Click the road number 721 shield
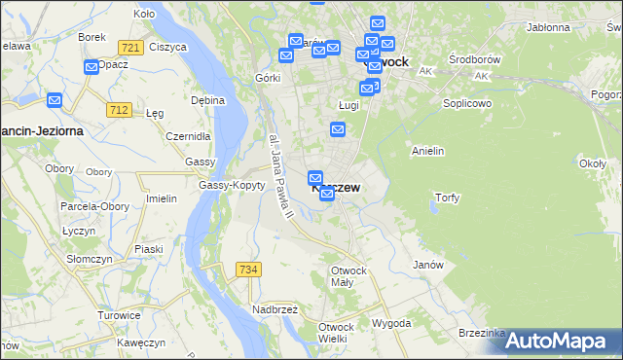[129, 48]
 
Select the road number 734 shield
[247, 269]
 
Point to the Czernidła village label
[189, 137]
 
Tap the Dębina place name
[208, 100]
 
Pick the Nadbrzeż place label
[275, 309]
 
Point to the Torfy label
[447, 198]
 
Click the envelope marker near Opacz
[92, 67]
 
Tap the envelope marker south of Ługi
[338, 129]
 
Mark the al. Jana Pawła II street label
[278, 176]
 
